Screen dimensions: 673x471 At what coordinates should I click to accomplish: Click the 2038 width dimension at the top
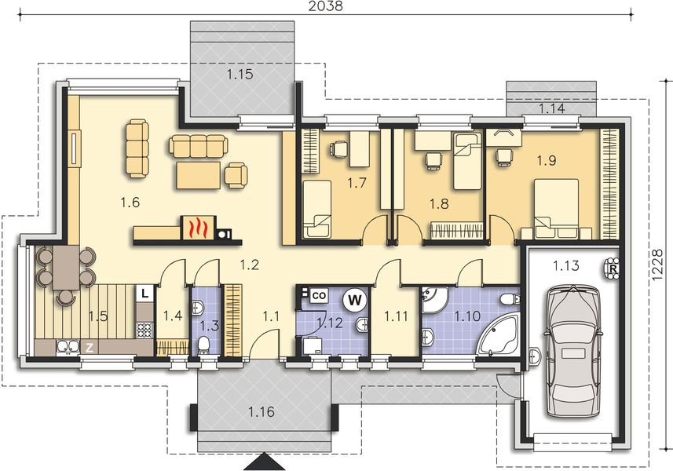click(325, 6)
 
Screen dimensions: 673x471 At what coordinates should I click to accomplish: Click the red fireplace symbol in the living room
click(199, 228)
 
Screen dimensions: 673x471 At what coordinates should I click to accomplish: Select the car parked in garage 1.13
click(572, 352)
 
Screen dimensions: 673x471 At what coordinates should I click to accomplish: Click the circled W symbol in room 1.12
click(354, 301)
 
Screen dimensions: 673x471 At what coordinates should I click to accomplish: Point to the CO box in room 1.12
click(319, 296)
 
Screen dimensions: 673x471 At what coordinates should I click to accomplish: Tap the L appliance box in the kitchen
click(145, 294)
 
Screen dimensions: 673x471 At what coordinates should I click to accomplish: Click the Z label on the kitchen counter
click(89, 348)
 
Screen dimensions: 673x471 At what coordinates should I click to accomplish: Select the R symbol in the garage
click(612, 269)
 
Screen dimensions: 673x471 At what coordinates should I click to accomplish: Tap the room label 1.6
click(130, 202)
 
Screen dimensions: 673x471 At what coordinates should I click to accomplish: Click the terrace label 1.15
click(240, 75)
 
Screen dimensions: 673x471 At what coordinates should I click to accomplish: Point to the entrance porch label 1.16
click(262, 412)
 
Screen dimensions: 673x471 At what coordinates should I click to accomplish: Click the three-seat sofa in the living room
click(197, 146)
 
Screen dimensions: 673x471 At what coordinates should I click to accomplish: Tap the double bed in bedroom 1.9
click(556, 209)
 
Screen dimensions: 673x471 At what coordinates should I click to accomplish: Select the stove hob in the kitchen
click(144, 330)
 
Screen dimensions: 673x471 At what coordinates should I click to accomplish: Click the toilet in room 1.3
click(204, 345)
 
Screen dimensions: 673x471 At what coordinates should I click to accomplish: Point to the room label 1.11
click(396, 316)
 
